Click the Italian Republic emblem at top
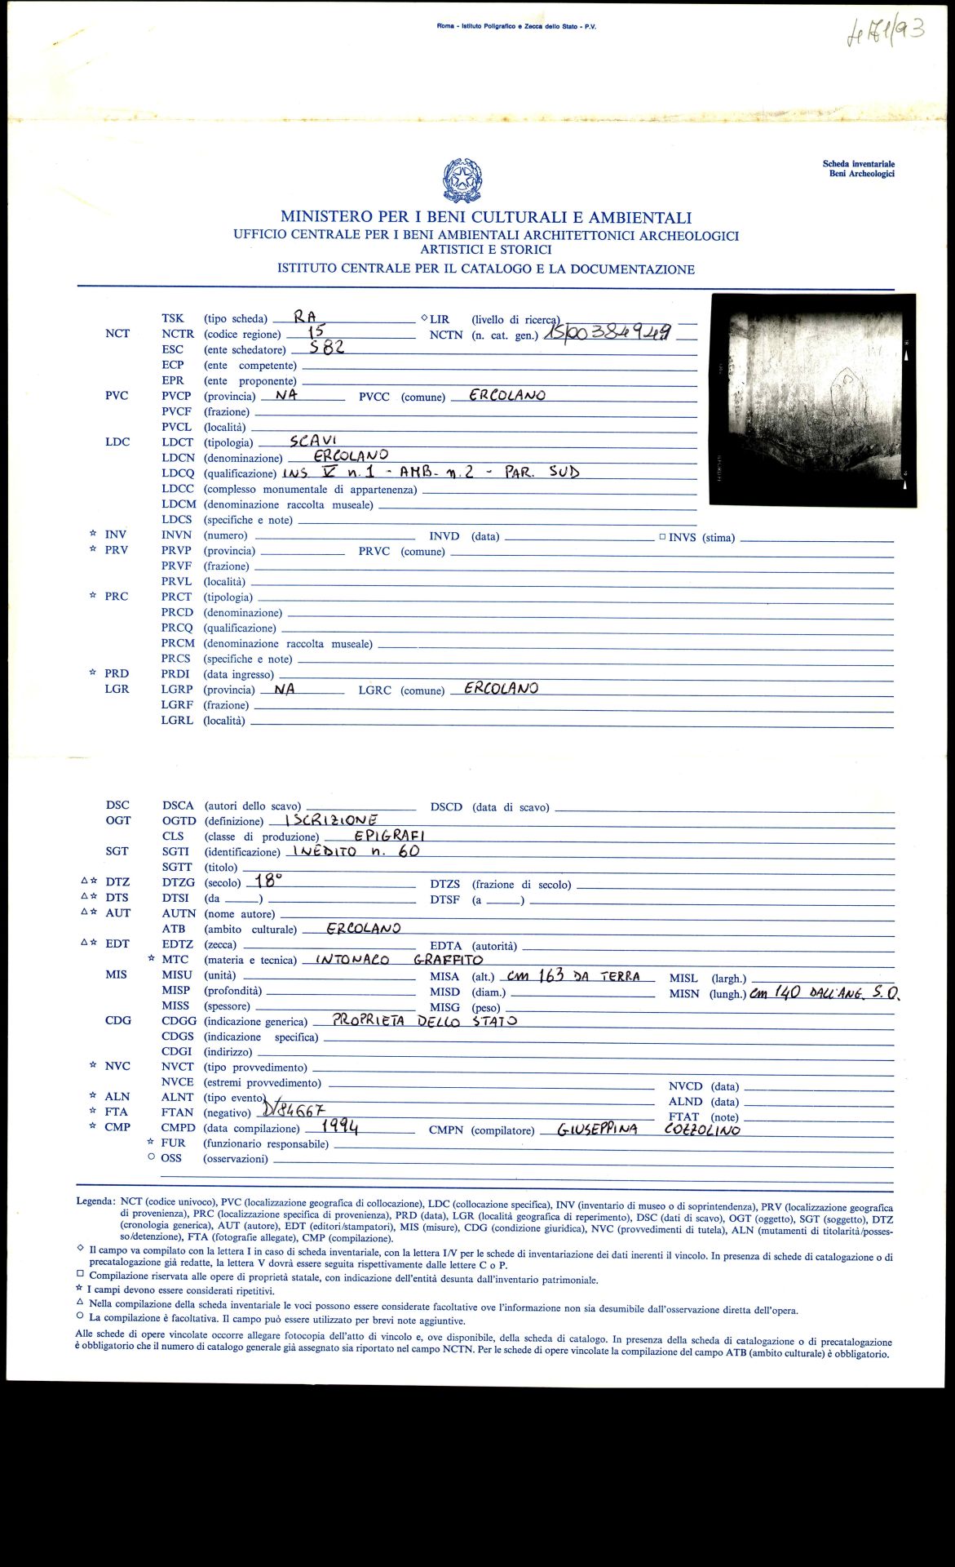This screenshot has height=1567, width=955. [x=462, y=181]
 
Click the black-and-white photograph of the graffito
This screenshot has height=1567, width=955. [x=812, y=400]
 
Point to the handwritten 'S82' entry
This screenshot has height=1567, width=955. [x=321, y=347]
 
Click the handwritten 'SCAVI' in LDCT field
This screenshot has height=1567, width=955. [x=313, y=441]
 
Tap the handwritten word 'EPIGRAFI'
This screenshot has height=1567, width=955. [x=390, y=835]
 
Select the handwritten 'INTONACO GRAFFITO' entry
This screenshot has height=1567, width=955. [x=399, y=960]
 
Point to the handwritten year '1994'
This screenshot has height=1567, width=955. [x=339, y=1126]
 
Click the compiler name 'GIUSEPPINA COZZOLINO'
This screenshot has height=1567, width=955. [x=648, y=1130]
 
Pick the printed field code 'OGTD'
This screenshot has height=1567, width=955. [x=179, y=820]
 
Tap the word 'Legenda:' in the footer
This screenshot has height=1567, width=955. [x=95, y=1201]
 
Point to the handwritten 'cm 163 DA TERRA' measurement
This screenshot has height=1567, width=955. [x=579, y=976]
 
